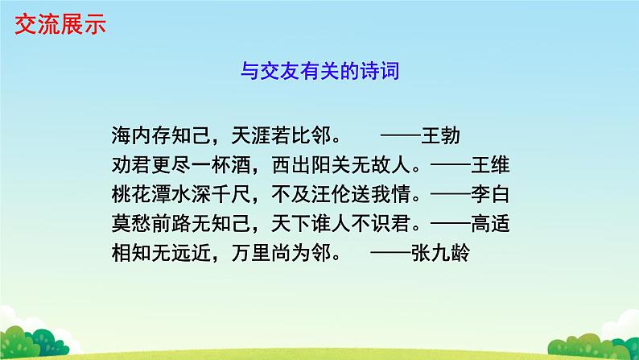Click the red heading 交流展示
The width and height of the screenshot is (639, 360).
60,25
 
